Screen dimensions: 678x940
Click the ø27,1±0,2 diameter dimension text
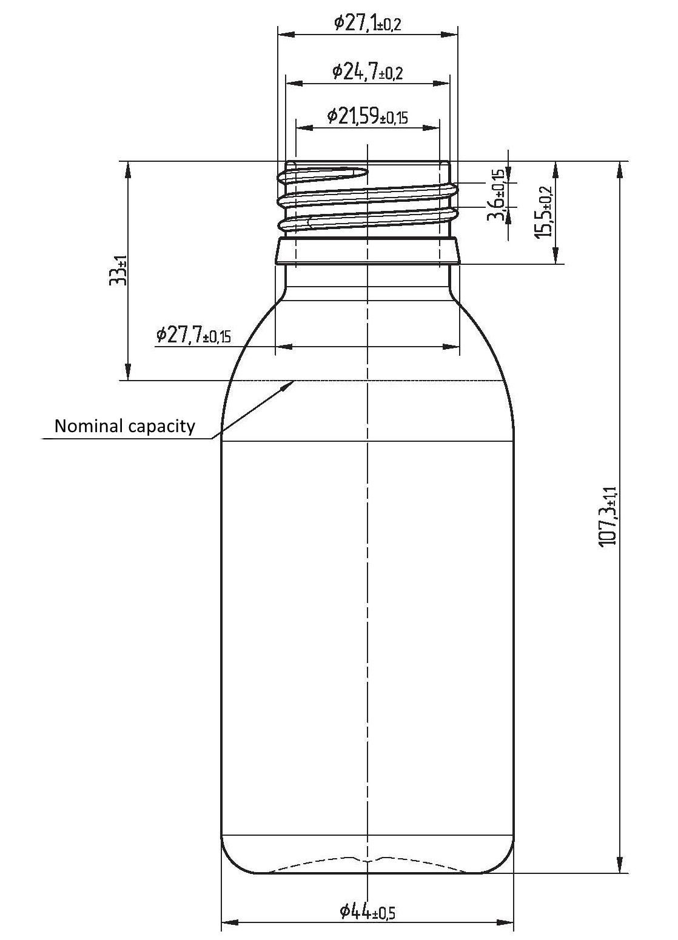click(368, 24)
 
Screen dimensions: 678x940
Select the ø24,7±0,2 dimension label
click(368, 72)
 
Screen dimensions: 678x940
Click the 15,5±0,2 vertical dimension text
click(543, 211)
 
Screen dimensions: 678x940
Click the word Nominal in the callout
click(89, 426)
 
